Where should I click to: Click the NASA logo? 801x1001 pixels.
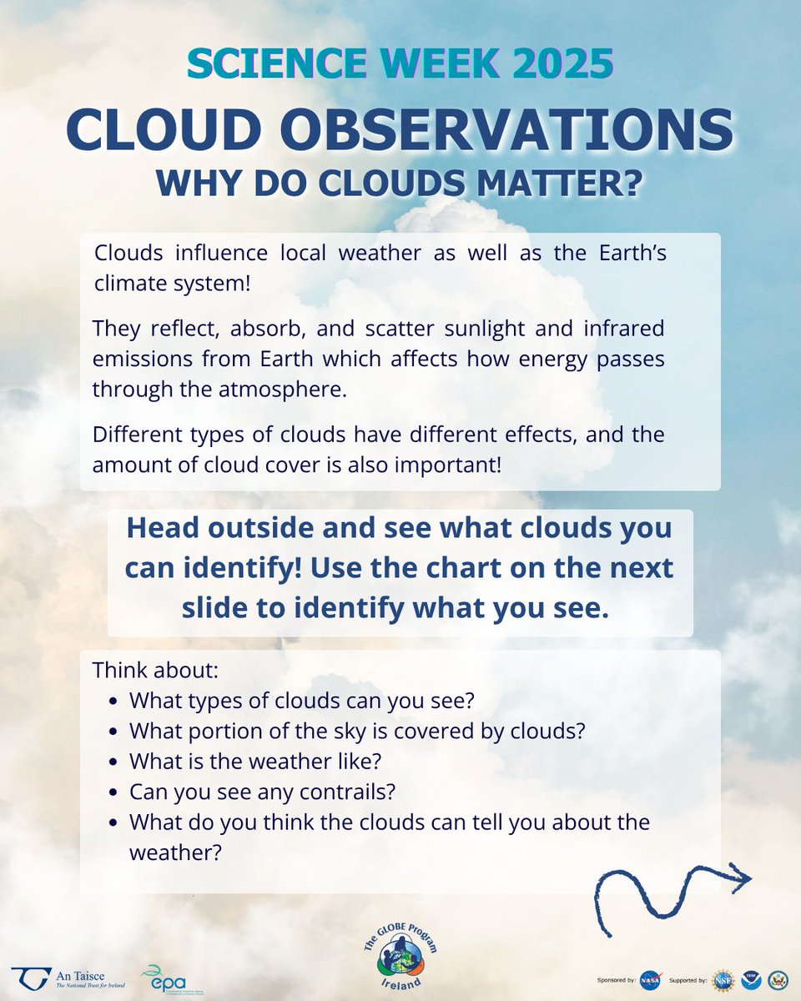[649, 980]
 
